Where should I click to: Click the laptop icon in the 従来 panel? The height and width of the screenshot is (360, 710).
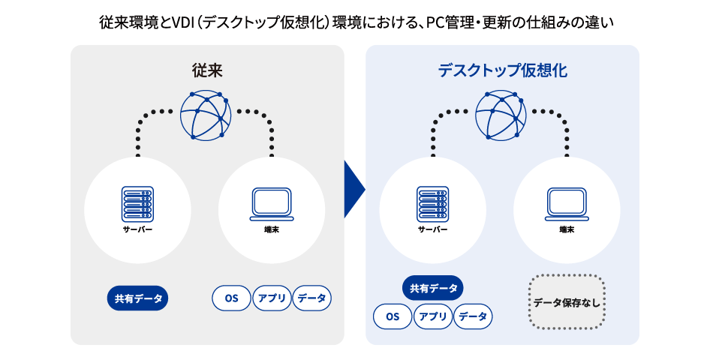(272, 204)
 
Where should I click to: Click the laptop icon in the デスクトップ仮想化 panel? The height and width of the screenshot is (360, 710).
(567, 204)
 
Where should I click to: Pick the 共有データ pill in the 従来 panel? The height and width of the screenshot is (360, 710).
(138, 298)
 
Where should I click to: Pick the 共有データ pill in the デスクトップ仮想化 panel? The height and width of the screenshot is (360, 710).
(432, 288)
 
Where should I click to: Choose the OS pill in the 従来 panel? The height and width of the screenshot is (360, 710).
(231, 298)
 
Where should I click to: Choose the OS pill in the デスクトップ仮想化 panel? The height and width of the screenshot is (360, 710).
(393, 316)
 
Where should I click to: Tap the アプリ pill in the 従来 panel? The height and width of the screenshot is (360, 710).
(272, 298)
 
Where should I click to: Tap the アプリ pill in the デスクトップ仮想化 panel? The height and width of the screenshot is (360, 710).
(433, 316)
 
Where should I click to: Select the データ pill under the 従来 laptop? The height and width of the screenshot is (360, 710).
(311, 298)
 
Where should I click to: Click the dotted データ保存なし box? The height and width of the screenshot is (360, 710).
(567, 303)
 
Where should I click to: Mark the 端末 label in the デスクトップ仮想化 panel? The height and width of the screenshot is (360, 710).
(567, 229)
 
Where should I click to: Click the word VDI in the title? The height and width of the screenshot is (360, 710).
(184, 23)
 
